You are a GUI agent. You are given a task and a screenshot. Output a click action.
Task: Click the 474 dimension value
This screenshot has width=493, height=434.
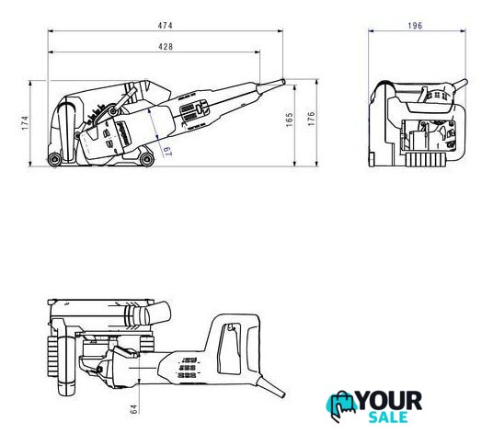(165, 26)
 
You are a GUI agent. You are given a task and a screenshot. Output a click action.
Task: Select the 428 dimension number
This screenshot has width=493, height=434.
(166, 47)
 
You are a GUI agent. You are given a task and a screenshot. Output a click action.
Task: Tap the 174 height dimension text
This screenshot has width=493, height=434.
(25, 123)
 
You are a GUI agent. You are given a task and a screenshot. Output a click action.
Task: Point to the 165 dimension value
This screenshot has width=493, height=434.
(289, 120)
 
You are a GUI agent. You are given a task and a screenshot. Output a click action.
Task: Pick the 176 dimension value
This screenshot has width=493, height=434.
(311, 119)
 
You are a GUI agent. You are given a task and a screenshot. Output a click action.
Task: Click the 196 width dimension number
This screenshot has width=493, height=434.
(415, 26)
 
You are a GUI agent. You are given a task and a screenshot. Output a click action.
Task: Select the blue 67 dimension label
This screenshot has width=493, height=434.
(167, 152)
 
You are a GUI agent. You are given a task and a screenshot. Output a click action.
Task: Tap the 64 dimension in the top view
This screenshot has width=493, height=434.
(133, 409)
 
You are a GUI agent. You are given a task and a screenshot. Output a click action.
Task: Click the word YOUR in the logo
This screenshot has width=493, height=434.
(390, 401)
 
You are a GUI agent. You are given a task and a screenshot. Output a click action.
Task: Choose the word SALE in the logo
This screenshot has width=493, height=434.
(388, 417)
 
